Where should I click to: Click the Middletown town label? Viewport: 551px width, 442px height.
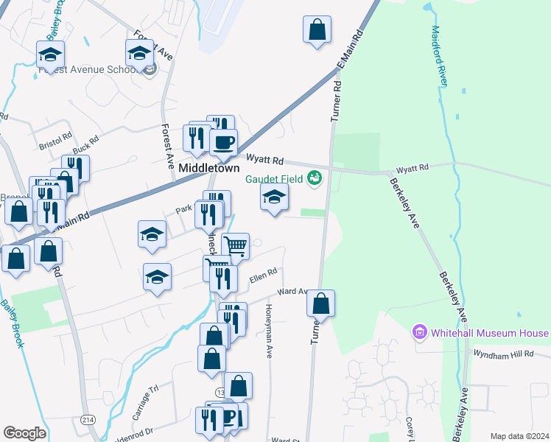click(x=207, y=168)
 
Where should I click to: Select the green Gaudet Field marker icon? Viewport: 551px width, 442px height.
click(x=315, y=177)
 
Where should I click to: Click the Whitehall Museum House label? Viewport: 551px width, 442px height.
click(x=491, y=333)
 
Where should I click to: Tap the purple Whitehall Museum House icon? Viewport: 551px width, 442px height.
click(x=421, y=333)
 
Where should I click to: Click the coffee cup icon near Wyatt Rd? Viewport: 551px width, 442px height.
click(x=223, y=141)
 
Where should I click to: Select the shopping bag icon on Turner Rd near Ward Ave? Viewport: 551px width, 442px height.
click(x=320, y=303)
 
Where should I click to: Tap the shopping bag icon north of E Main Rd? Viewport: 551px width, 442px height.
click(x=317, y=30)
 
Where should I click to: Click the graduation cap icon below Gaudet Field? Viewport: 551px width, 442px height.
click(x=274, y=197)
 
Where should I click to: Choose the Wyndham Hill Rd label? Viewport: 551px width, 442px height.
click(x=508, y=354)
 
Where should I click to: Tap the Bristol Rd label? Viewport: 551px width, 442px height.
click(x=55, y=141)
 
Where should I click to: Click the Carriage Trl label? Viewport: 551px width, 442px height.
click(x=144, y=399)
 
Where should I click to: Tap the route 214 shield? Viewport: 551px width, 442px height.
click(x=88, y=419)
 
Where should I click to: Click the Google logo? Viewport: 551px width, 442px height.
click(x=24, y=433)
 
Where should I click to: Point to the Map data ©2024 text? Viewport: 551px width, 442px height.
click(x=519, y=436)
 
